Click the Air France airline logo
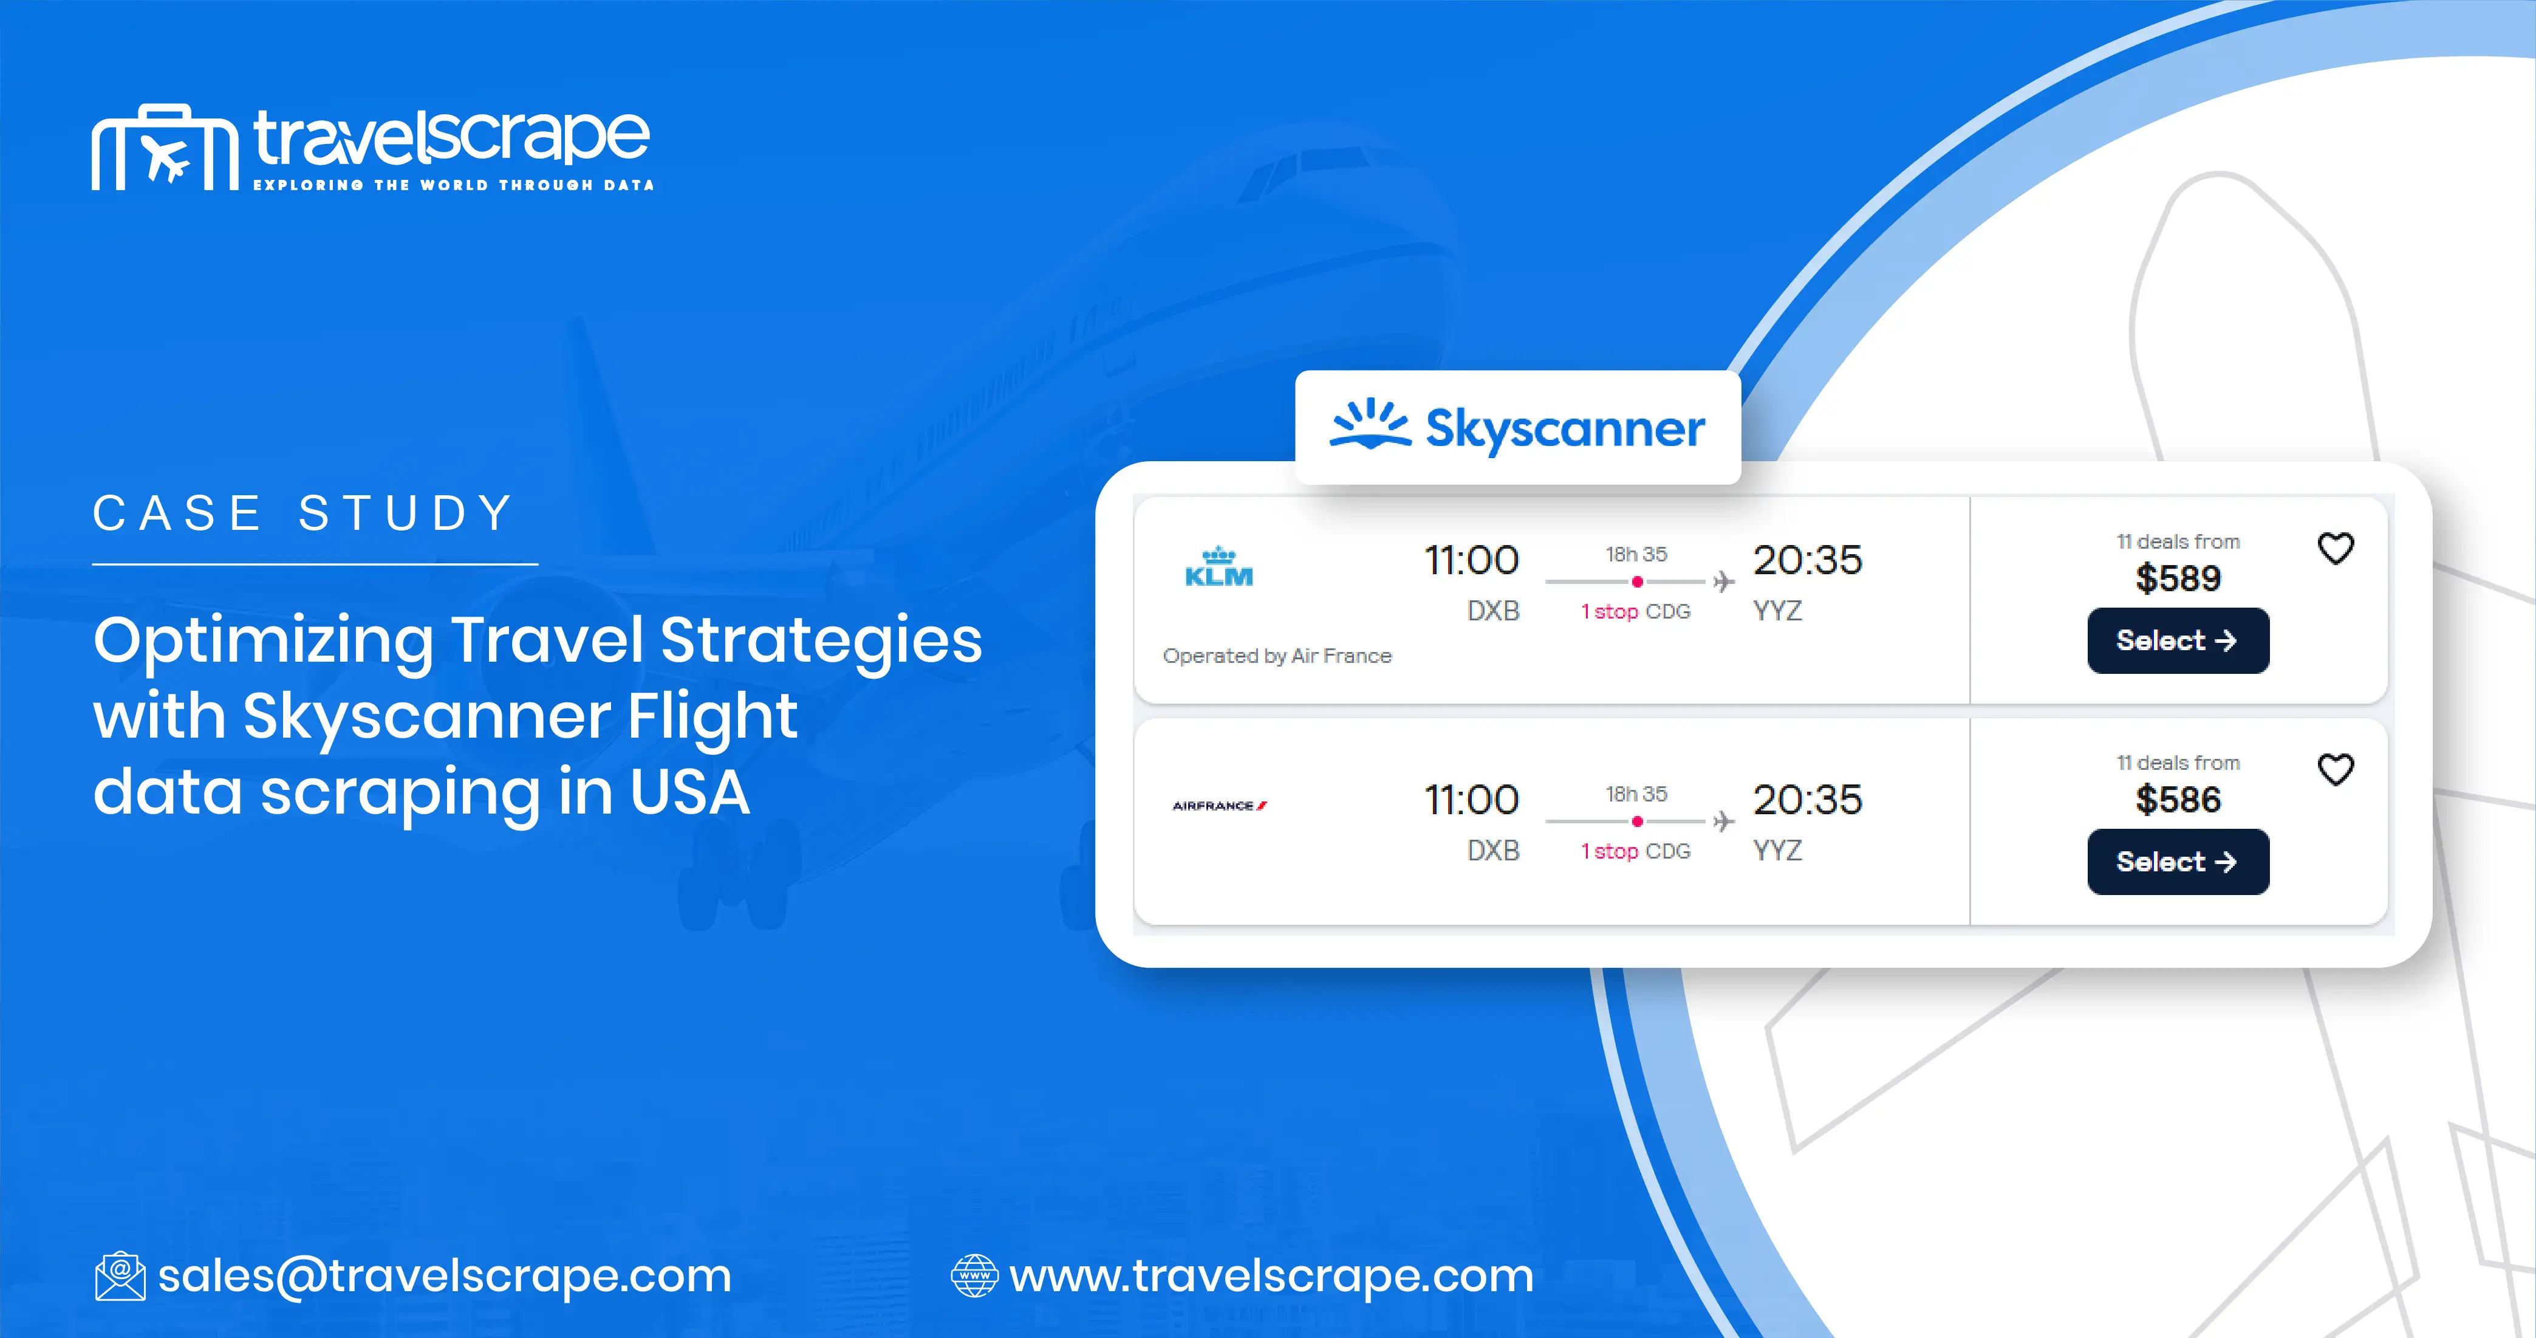pyautogui.click(x=1218, y=805)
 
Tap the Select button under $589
pyautogui.click(x=2178, y=641)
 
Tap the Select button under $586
pyautogui.click(x=2178, y=862)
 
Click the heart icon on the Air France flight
pyautogui.click(x=2335, y=769)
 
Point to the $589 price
pyautogui.click(x=2178, y=579)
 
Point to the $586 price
pyautogui.click(x=2178, y=800)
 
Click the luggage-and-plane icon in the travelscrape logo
pyautogui.click(x=165, y=148)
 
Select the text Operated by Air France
pyautogui.click(x=1277, y=656)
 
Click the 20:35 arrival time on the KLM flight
pyautogui.click(x=1808, y=560)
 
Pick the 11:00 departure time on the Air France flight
pyautogui.click(x=1472, y=800)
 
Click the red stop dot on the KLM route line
pyautogui.click(x=1637, y=582)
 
